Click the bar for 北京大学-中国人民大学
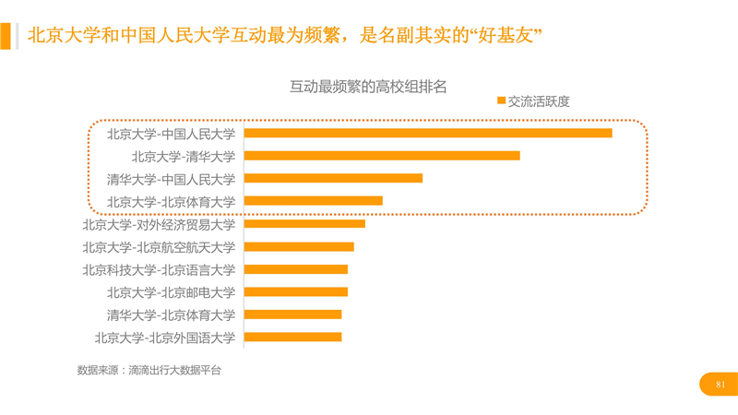click(428, 133)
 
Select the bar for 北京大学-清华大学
click(382, 156)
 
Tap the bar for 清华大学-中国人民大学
click(333, 178)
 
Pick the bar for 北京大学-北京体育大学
click(314, 201)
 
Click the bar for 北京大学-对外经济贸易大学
click(304, 224)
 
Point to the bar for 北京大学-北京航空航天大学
click(299, 246)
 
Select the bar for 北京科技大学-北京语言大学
click(296, 269)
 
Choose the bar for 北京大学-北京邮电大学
click(296, 292)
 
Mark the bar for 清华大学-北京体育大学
click(292, 314)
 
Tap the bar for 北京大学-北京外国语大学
click(292, 338)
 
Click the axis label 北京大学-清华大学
click(183, 156)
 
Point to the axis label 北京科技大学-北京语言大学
click(159, 269)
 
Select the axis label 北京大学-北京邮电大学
click(171, 292)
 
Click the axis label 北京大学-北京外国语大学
click(164, 338)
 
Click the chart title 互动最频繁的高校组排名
click(368, 87)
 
